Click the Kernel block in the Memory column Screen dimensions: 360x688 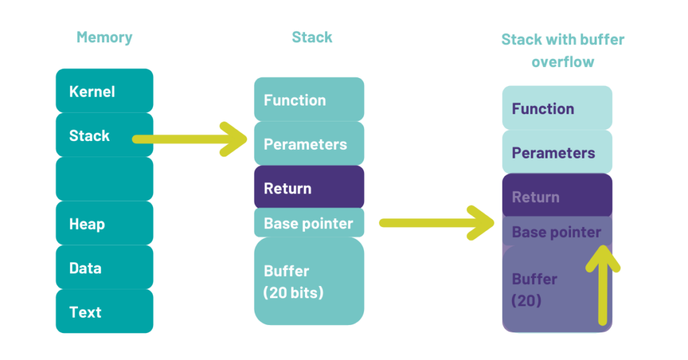point(104,91)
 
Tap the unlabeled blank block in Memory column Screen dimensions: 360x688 point(104,179)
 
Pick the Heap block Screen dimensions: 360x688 point(104,224)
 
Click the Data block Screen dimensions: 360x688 point(104,268)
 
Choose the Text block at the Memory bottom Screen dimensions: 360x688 point(104,312)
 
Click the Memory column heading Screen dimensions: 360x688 point(104,38)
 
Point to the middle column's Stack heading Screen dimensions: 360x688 point(312,38)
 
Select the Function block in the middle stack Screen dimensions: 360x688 point(308,100)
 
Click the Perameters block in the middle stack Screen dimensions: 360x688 point(308,144)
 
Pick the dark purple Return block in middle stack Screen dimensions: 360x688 point(308,189)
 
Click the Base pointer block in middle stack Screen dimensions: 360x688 point(308,224)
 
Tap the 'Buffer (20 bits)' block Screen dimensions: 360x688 point(308,282)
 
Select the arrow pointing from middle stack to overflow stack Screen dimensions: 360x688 point(437,223)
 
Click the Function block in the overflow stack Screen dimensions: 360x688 point(557,109)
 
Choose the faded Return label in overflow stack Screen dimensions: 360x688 point(535,197)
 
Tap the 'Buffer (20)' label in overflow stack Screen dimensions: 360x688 point(535,289)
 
